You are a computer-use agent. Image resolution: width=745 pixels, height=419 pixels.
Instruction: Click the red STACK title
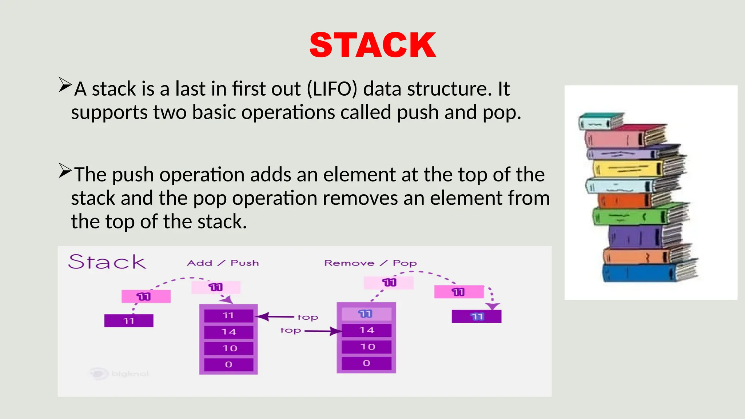point(372,45)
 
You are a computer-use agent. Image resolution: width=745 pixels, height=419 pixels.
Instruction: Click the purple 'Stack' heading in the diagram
point(107,262)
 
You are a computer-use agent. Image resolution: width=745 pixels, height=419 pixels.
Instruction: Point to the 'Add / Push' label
point(223,263)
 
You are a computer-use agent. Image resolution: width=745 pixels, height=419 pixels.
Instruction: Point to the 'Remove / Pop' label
point(370,263)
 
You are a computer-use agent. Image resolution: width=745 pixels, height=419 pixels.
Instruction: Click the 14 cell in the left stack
point(228,332)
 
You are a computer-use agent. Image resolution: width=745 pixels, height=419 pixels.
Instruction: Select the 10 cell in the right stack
point(367,347)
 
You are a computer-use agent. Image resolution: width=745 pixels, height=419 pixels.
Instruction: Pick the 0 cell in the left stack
point(228,364)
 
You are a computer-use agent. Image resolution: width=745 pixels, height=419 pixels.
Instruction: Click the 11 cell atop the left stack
point(228,315)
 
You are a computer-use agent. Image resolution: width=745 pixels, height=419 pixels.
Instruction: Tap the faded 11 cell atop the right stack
point(366,314)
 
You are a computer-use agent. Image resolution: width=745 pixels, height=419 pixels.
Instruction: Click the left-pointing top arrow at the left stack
point(275,316)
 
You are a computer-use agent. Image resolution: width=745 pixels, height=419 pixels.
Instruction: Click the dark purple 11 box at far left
point(129,321)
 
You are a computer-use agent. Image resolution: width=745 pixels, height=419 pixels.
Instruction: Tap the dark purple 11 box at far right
point(477,316)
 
